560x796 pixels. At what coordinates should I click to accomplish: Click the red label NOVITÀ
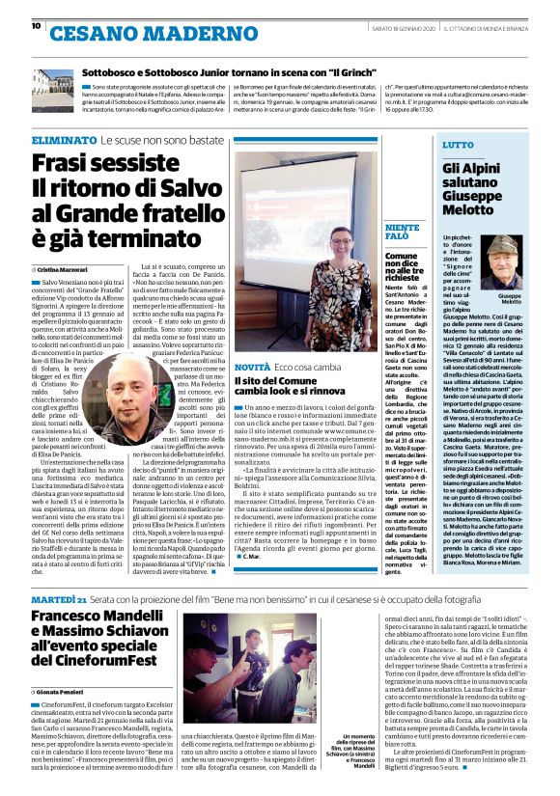252,368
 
